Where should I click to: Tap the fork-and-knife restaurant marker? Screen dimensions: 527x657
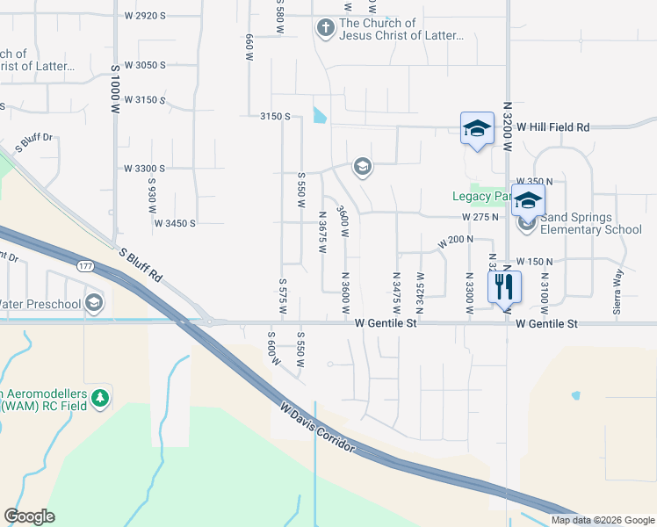[x=504, y=285]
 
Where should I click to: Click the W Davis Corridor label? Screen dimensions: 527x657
[x=318, y=429]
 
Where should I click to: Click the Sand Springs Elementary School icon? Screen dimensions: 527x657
[x=527, y=223]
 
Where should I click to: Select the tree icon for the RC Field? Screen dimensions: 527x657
[x=101, y=399]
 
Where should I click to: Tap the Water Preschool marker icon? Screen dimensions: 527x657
[x=95, y=304]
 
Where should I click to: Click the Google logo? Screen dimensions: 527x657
[x=29, y=516]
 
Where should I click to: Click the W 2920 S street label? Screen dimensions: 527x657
[x=146, y=16]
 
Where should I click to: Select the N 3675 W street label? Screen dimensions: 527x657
[x=322, y=231]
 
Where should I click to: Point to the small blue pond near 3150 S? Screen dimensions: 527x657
[x=319, y=115]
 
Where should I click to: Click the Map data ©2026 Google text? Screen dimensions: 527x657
[x=603, y=520]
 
